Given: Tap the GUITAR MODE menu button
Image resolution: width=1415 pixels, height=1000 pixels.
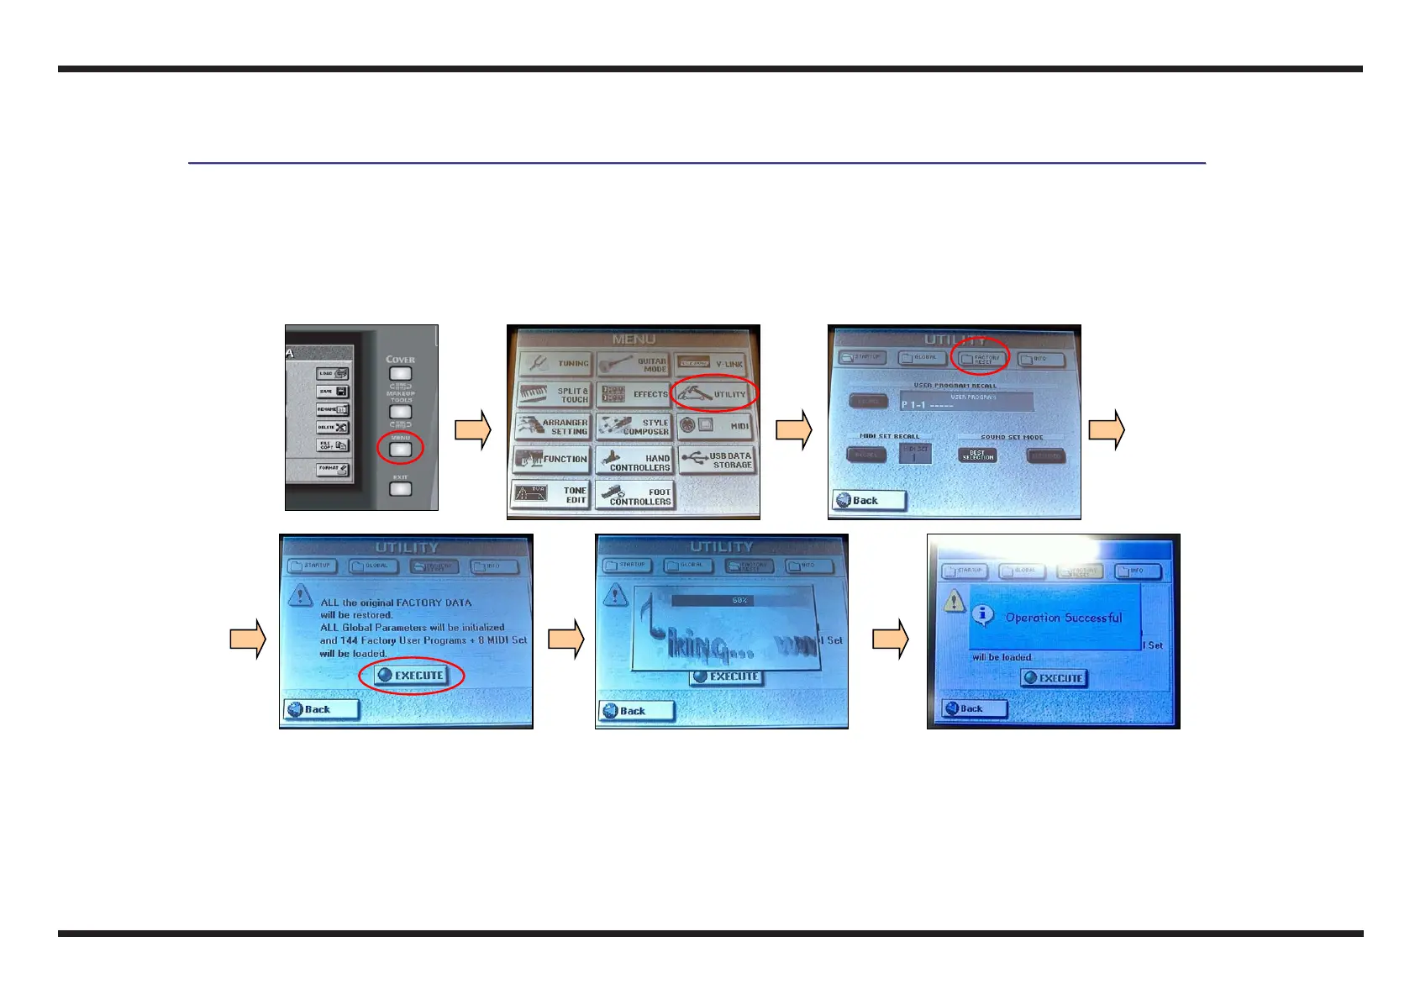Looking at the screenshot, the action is [634, 364].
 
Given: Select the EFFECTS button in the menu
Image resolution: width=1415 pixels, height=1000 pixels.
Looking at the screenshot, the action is [634, 394].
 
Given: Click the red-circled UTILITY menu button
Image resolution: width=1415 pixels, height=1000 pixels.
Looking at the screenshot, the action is [714, 393].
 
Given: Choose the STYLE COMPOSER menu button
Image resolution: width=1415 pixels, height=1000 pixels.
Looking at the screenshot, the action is [634, 427].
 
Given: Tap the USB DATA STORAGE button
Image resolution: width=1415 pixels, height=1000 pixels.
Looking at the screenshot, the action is [717, 460].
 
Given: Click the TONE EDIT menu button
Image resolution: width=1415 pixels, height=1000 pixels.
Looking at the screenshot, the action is [551, 494].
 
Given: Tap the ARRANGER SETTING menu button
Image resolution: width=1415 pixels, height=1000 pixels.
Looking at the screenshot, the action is [552, 427].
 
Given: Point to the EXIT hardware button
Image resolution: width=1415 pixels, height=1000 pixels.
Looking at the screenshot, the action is [400, 488].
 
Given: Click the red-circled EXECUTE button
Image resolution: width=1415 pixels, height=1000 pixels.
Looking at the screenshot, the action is [411, 675].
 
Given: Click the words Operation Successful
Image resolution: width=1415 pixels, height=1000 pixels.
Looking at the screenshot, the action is [1063, 618].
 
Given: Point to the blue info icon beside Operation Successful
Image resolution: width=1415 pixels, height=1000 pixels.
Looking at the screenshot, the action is [982, 615].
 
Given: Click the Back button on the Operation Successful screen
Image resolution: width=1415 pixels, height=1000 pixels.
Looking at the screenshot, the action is [974, 708].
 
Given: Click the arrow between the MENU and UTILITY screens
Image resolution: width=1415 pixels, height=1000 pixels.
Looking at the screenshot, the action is [793, 429].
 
